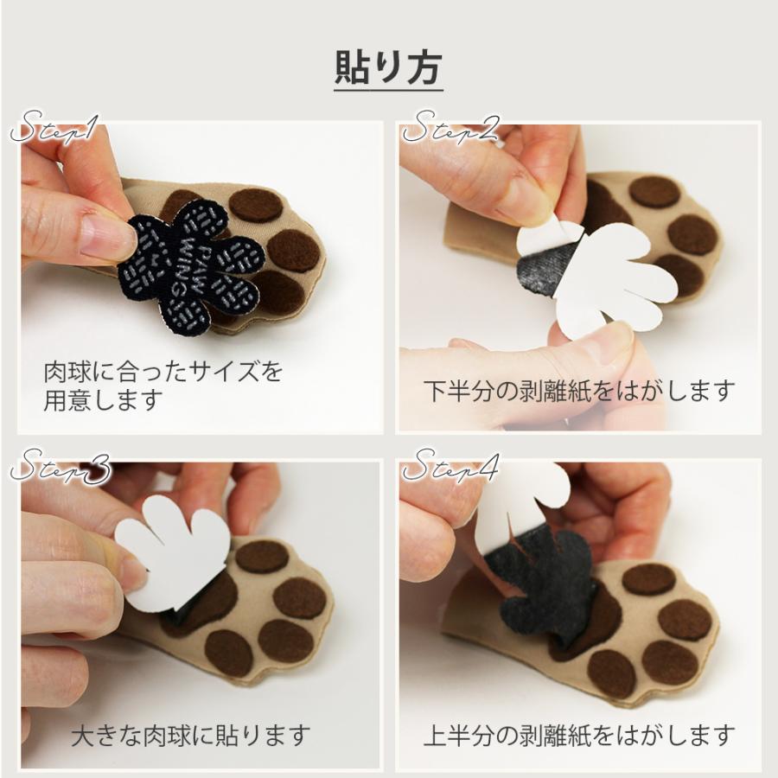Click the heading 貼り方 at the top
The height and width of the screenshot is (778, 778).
[388, 68]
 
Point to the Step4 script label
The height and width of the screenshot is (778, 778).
[450, 469]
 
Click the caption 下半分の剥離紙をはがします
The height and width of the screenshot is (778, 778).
[578, 390]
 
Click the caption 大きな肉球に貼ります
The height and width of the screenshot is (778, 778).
[189, 736]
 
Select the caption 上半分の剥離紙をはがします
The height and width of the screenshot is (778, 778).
[578, 736]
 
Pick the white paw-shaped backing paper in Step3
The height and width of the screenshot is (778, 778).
[173, 553]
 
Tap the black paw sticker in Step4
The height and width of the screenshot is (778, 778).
[545, 588]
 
